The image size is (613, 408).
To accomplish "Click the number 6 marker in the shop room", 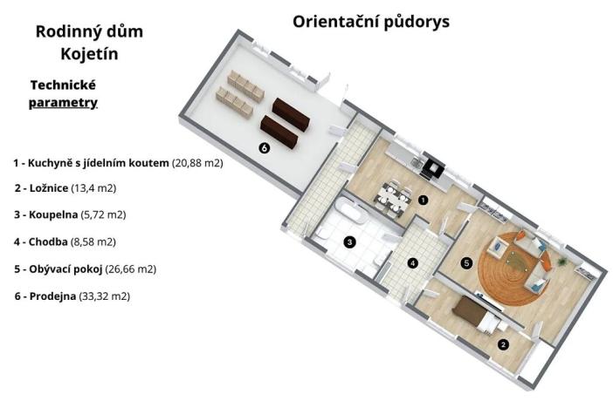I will pos(264,148).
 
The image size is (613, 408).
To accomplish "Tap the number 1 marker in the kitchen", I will pos(423,199).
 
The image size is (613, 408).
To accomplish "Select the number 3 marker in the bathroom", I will pos(349,241).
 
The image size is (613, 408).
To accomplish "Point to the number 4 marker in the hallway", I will pos(413,262).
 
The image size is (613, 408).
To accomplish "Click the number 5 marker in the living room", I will pos(466,262).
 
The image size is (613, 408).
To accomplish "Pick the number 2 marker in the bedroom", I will pos(503,343).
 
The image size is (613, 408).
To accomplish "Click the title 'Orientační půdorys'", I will pos(371,21).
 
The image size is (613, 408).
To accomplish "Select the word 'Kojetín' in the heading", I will pos(89,54).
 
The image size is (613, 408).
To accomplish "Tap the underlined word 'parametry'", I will pos(62,102).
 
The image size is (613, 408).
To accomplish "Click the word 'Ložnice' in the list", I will pos(54,187).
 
